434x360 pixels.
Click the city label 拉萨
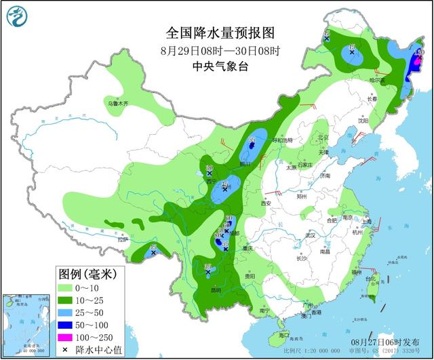tap(122, 239)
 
